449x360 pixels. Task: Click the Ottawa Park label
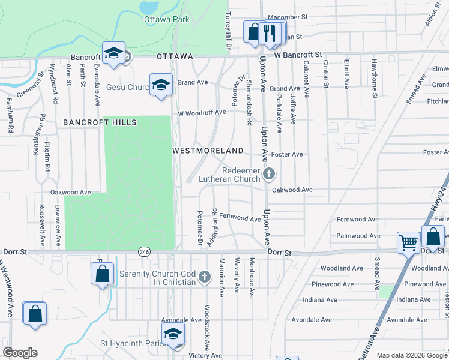[167, 19]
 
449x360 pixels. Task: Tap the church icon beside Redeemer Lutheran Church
[269, 175]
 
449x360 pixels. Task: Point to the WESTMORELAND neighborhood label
[208, 151]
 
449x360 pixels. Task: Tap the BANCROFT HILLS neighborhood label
[100, 122]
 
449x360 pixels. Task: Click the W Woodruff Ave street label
[202, 112]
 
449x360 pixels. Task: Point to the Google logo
[20, 353]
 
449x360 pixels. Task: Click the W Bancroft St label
[298, 55]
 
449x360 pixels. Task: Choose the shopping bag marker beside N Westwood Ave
[35, 313]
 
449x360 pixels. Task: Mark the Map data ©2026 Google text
[411, 355]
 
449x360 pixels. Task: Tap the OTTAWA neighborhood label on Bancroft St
[175, 56]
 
